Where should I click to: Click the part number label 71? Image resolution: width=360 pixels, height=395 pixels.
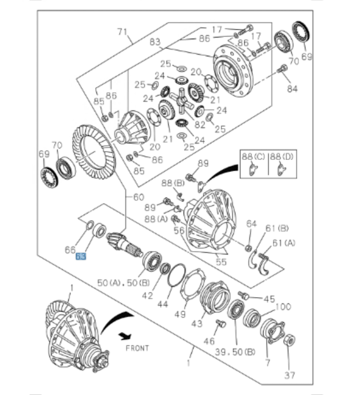pyautogui.click(x=122, y=32)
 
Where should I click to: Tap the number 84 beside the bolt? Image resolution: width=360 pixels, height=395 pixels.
pyautogui.click(x=292, y=89)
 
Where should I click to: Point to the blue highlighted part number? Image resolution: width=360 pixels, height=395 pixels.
pyautogui.click(x=81, y=257)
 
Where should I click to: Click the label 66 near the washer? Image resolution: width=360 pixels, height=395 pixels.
pyautogui.click(x=69, y=249)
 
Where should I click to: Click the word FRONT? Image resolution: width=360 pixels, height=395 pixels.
pyautogui.click(x=136, y=348)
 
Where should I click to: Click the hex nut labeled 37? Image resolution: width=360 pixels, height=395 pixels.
pyautogui.click(x=289, y=341)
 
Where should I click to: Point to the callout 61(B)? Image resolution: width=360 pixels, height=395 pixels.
pyautogui.click(x=277, y=228)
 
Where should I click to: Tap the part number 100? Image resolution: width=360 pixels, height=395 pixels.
pyautogui.click(x=283, y=307)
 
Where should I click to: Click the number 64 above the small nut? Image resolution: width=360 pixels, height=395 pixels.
pyautogui.click(x=251, y=224)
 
